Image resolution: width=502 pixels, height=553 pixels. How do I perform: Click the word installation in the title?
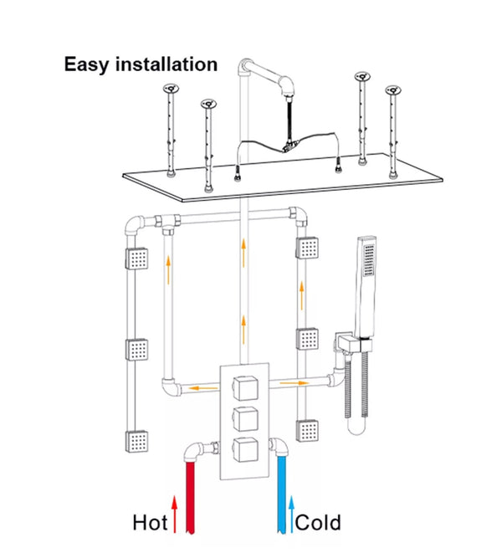click(x=166, y=64)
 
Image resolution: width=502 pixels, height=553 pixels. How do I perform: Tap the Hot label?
click(x=150, y=524)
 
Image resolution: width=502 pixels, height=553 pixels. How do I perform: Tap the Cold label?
click(x=318, y=524)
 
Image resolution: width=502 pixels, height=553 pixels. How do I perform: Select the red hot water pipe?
click(x=191, y=498)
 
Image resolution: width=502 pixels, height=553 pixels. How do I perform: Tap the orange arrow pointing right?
click(x=294, y=383)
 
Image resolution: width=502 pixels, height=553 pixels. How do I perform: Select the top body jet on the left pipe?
click(x=136, y=259)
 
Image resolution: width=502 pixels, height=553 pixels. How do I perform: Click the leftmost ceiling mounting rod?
click(x=171, y=130)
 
